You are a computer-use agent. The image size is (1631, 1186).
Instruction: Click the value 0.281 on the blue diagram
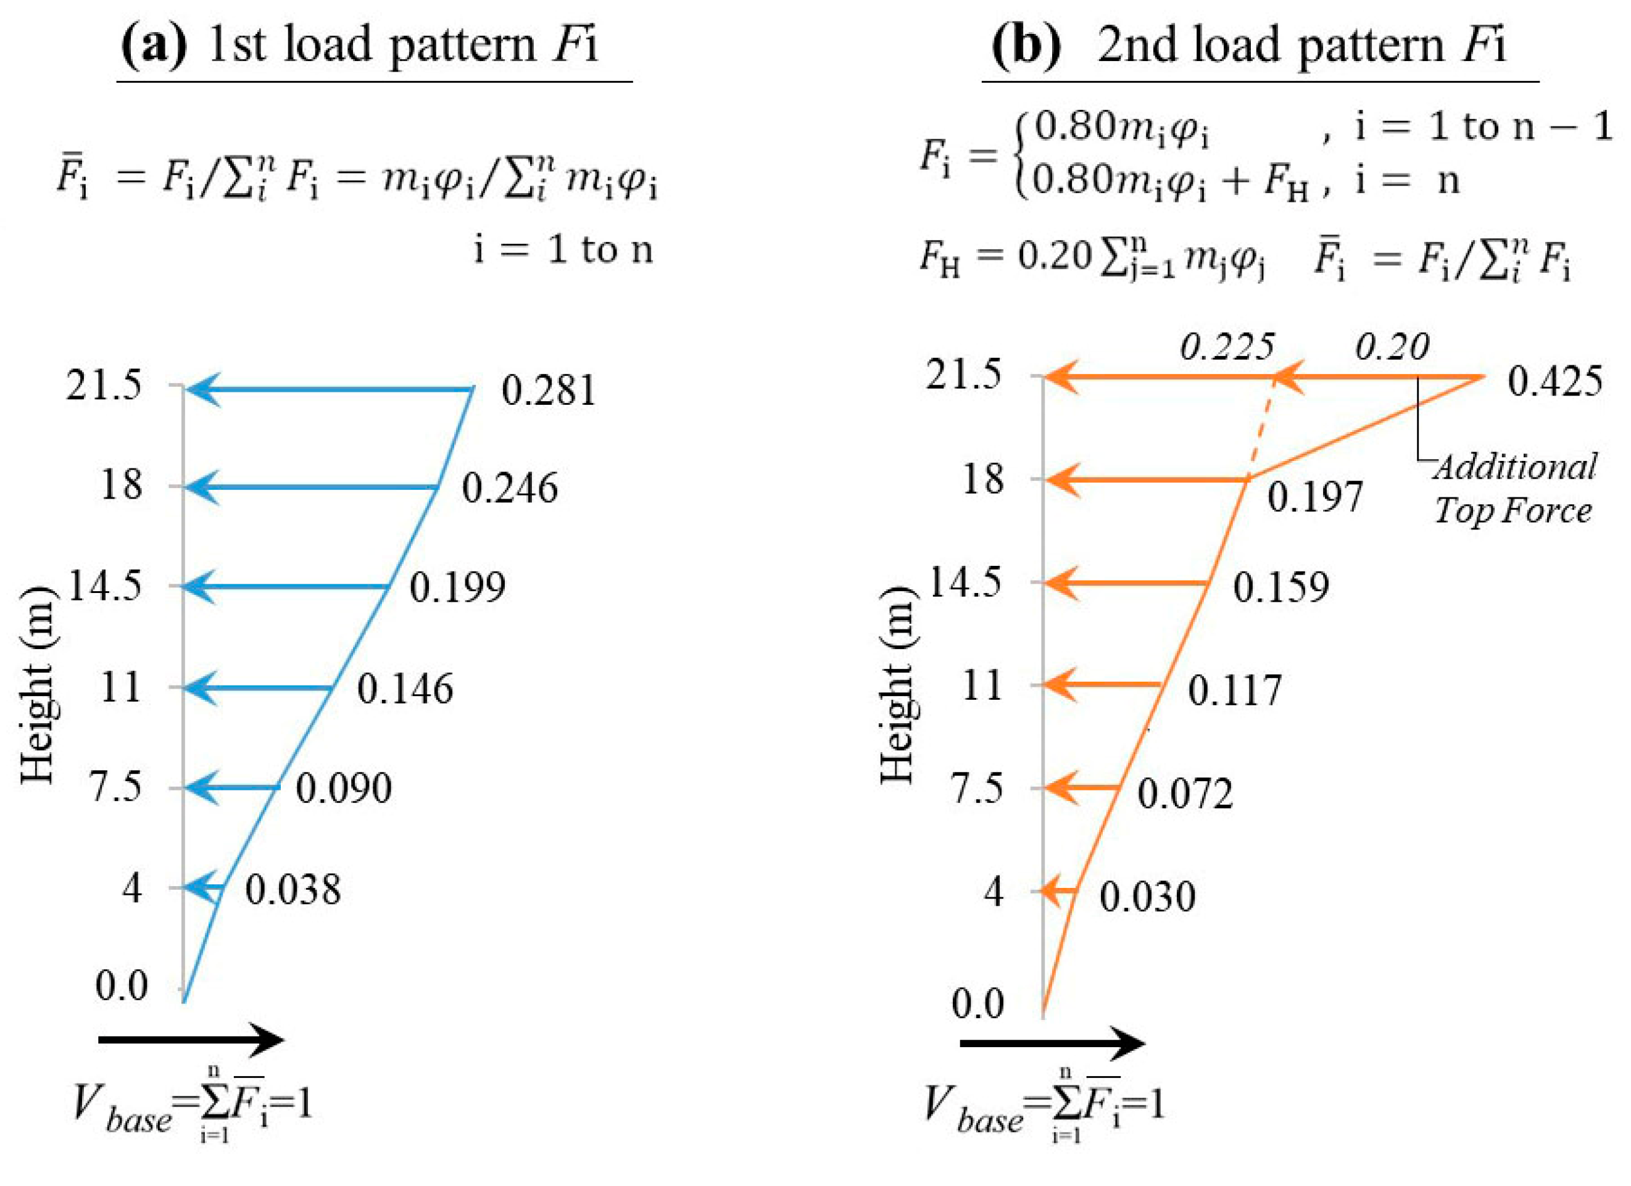pos(549,391)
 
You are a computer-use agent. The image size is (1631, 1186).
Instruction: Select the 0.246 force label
pos(509,488)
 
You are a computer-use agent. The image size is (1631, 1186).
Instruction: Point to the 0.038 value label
pos(293,890)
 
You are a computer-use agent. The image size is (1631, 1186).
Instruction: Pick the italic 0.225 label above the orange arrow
pos(1227,347)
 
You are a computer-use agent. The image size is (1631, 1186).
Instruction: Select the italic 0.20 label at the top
pos(1392,347)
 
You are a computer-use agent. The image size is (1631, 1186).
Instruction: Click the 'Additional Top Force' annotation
pos(1514,489)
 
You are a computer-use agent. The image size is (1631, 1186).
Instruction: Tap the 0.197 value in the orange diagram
pos(1314,497)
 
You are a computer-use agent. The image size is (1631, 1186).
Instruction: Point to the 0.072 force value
pos(1185,794)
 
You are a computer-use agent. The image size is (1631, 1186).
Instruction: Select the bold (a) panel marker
pos(153,44)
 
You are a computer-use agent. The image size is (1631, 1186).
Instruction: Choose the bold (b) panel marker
pos(1026,44)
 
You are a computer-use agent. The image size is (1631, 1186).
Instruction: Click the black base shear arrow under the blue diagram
pos(191,1040)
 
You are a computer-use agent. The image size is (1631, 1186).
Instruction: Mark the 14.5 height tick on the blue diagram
pos(105,586)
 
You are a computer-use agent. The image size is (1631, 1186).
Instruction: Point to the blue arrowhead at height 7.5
pos(201,787)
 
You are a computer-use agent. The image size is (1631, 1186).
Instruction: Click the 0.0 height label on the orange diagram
pos(977,1003)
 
